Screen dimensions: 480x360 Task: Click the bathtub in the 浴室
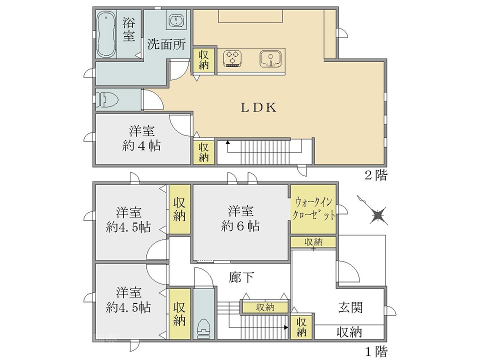[x=106, y=34]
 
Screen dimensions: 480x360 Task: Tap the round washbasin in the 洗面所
[x=175, y=21]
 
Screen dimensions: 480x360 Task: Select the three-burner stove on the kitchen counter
[x=232, y=58]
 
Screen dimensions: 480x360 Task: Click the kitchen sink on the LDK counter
[x=270, y=58]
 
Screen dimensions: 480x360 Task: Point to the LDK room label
[x=258, y=107]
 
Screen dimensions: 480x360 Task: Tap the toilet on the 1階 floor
[x=203, y=328]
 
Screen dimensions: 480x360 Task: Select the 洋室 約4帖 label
[x=141, y=138]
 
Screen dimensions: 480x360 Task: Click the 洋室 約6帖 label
[x=240, y=218]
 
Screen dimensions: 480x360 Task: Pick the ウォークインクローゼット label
[x=313, y=209]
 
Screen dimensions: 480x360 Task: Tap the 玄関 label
[x=351, y=307]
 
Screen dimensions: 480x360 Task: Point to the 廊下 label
[x=241, y=277]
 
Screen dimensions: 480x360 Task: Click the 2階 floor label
[x=376, y=175]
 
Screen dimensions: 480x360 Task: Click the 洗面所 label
[x=166, y=44]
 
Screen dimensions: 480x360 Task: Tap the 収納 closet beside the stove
[x=203, y=60]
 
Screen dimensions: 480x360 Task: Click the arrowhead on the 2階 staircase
[x=227, y=142]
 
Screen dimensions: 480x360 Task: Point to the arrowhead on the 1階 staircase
[x=286, y=327]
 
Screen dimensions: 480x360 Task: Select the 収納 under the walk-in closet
[x=313, y=242]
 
